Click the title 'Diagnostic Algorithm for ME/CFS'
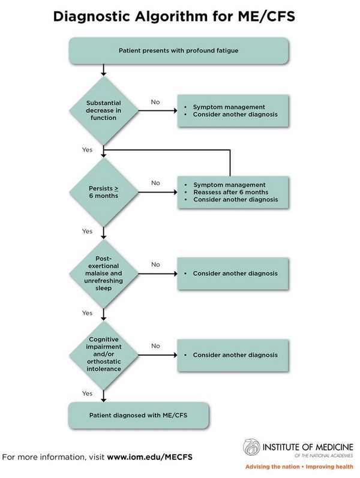point(174,17)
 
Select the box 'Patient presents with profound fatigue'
point(179,50)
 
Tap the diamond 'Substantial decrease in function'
point(104,110)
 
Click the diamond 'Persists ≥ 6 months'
point(104,192)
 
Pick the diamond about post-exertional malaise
point(104,273)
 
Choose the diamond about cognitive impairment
point(104,355)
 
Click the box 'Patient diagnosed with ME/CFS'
point(139,414)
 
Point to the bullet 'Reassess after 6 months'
point(231,192)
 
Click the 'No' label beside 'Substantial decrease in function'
point(155,102)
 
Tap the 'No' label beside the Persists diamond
point(155,183)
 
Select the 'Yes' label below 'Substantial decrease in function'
point(88,149)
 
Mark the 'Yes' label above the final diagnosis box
point(88,393)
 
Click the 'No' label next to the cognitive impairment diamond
point(155,346)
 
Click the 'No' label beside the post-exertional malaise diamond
point(155,264)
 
